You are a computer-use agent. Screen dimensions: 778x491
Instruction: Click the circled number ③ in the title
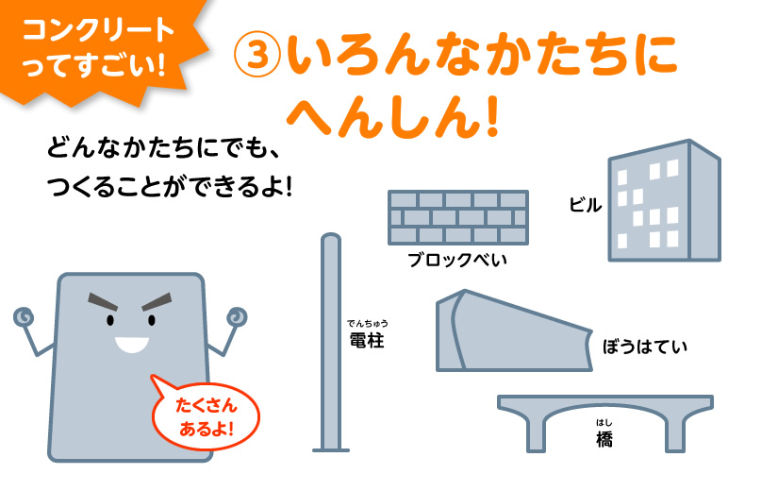(257, 54)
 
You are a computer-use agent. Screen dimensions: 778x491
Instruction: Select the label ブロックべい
(457, 260)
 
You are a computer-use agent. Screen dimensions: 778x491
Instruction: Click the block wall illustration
(458, 217)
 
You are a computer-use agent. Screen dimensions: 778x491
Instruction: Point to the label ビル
(586, 205)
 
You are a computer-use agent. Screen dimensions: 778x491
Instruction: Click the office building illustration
(665, 200)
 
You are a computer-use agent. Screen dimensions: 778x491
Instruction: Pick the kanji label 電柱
(367, 341)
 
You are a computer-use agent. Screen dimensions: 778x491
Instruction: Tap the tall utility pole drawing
(331, 343)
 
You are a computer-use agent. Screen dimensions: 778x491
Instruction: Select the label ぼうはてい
(645, 347)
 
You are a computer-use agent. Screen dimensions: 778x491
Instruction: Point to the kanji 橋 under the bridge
(604, 439)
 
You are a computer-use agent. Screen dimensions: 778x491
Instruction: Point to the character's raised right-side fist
(237, 316)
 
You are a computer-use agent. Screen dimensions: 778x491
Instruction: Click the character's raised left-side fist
(24, 316)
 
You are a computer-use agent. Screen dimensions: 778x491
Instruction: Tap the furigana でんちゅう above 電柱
(367, 324)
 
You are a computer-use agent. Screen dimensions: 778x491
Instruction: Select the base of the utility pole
(331, 450)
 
